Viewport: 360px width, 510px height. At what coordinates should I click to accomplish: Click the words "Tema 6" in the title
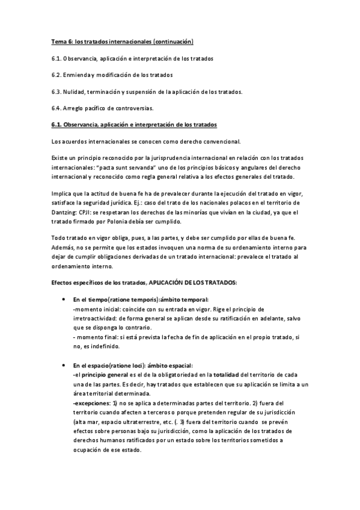[x=60, y=42]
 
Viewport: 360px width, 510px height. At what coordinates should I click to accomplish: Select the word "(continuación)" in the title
[x=174, y=42]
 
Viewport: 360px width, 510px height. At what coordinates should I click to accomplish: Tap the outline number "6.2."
[x=58, y=75]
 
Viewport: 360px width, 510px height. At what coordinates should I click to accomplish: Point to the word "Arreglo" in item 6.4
[x=78, y=108]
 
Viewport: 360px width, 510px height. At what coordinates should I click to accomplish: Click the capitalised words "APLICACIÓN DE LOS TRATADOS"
[x=194, y=283]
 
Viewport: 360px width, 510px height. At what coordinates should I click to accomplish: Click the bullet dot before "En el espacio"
[x=64, y=365]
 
